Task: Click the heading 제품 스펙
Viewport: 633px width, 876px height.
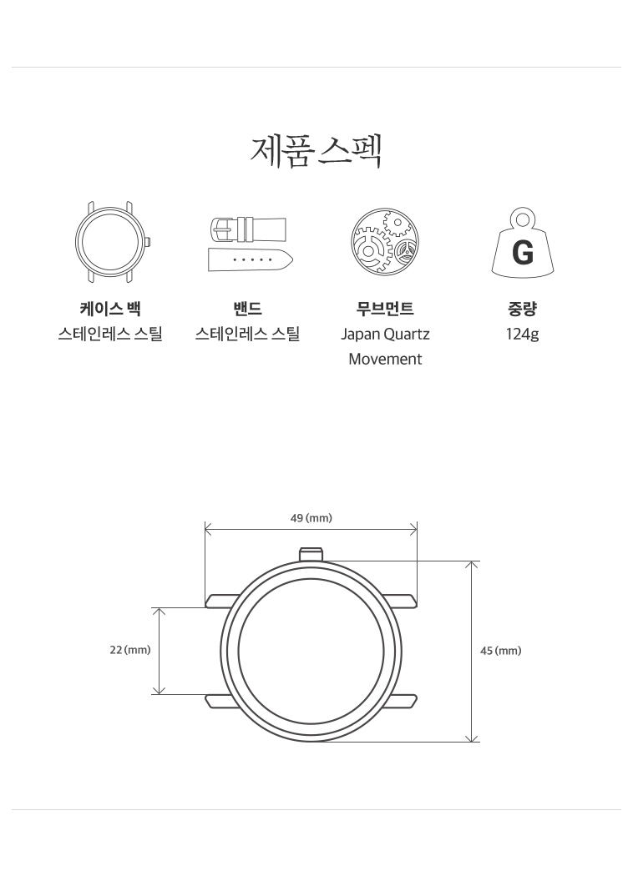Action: coord(316,150)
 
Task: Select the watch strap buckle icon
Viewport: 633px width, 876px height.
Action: coord(250,244)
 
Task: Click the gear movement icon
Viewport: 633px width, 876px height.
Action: coord(385,241)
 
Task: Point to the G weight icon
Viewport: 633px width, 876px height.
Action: coord(522,243)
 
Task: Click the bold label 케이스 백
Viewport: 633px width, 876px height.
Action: coord(110,309)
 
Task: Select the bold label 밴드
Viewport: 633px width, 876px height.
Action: coord(247,309)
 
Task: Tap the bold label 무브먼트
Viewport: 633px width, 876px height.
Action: coord(385,309)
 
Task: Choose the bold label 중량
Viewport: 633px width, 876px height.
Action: coord(522,309)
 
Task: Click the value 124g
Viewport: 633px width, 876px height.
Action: coord(522,334)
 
